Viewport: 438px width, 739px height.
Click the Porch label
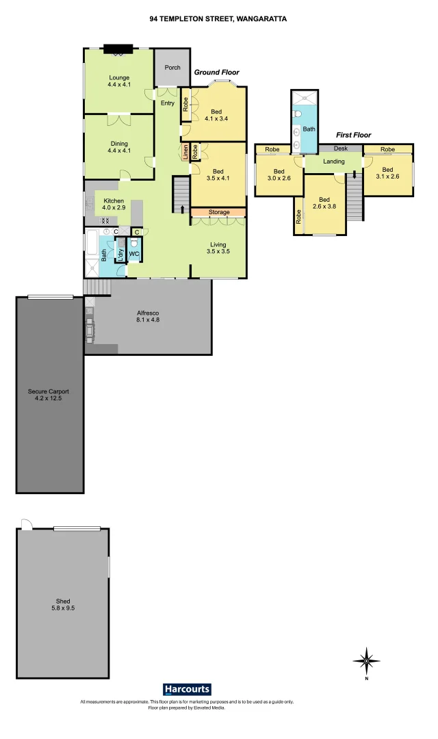tap(172, 68)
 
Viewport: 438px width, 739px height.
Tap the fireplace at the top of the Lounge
tap(117, 49)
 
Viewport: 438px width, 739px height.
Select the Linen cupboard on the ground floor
tap(185, 153)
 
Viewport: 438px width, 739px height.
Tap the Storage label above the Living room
tap(219, 213)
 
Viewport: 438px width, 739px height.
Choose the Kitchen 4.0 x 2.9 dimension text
tap(114, 207)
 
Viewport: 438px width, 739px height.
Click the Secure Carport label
tap(49, 395)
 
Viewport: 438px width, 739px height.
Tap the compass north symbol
tap(367, 661)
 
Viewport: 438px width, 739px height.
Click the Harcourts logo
tap(187, 689)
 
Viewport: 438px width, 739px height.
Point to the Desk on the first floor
tap(342, 148)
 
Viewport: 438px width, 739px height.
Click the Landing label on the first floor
tap(334, 162)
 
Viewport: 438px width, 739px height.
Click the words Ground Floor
tap(216, 73)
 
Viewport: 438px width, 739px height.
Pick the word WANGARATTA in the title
tap(261, 20)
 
